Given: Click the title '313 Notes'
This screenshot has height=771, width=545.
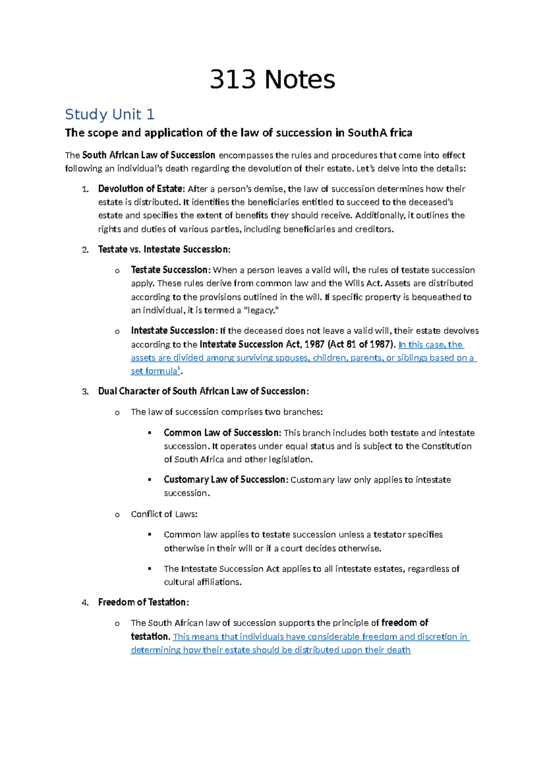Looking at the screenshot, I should [272, 80].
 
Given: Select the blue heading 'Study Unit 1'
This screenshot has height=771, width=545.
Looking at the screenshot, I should [110, 114].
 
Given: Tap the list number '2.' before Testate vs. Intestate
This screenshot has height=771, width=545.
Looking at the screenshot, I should [85, 250].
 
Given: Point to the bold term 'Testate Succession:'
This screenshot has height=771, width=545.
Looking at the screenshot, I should [171, 270].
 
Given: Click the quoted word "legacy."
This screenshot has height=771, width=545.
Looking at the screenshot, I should [260, 310].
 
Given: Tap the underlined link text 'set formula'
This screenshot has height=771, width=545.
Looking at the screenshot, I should [154, 371].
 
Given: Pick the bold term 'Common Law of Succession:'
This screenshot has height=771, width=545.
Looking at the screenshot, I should [223, 433].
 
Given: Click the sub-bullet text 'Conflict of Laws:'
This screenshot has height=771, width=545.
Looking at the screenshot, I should [164, 514].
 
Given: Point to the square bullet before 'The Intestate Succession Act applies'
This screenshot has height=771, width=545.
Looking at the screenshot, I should [149, 568].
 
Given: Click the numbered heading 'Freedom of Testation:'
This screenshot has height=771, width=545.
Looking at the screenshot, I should [144, 602].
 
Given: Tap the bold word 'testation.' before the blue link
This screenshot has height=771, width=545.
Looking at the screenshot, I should [150, 636].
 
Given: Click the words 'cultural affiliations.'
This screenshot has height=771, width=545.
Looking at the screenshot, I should [203, 582].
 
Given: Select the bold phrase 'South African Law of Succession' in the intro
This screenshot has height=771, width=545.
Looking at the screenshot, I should [149, 155].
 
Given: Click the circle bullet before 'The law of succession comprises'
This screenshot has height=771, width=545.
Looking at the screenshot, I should [117, 413].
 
